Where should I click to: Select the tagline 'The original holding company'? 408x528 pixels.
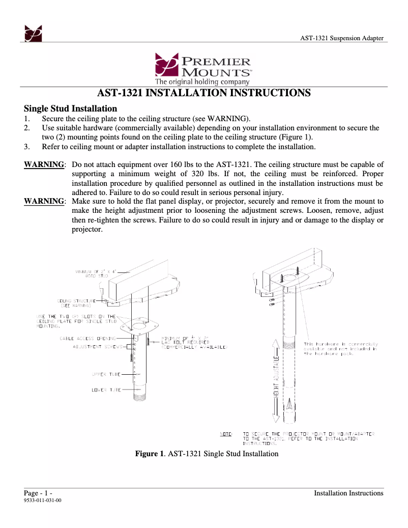[x=202, y=81]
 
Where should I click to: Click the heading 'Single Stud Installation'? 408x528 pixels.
[x=71, y=108]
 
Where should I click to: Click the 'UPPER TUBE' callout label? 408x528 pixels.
[x=106, y=374]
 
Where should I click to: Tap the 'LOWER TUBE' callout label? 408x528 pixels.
[x=106, y=390]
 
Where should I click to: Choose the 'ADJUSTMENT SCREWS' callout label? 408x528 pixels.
[x=98, y=347]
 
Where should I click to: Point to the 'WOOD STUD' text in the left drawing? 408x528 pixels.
[x=96, y=275]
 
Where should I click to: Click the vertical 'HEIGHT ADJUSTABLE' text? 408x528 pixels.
[x=277, y=376]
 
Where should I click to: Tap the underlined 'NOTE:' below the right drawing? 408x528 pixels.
[x=226, y=433]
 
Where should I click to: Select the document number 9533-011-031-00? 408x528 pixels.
[x=43, y=501]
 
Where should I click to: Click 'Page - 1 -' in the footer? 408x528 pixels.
[x=39, y=493]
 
